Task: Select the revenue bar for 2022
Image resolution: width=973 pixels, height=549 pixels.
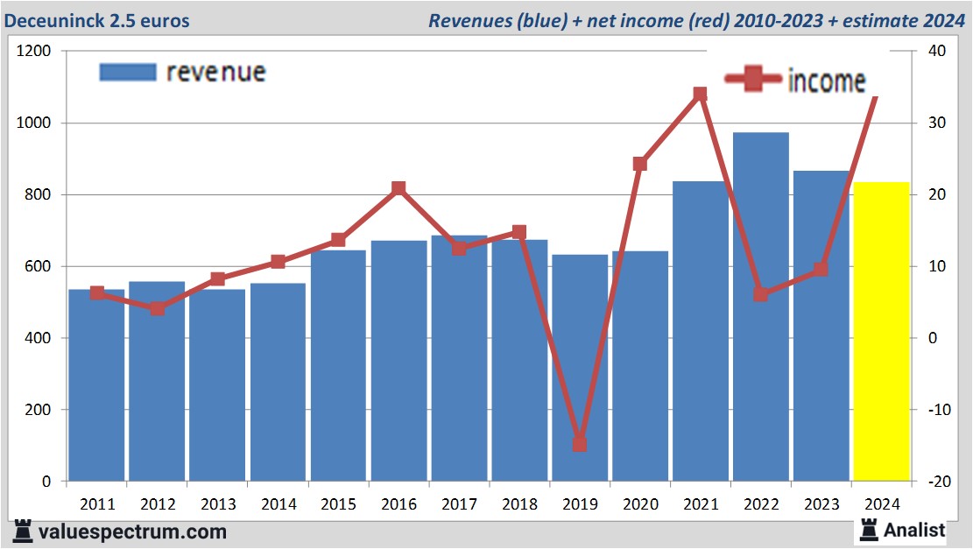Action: (760, 306)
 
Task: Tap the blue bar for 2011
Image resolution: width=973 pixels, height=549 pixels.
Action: (96, 385)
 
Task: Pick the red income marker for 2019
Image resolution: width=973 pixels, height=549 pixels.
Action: (579, 444)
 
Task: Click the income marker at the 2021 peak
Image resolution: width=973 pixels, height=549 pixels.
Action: (700, 94)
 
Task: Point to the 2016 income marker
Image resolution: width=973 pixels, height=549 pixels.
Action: (398, 188)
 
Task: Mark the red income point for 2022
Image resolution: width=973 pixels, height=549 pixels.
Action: (760, 294)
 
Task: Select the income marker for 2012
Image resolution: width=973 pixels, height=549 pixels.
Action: (157, 308)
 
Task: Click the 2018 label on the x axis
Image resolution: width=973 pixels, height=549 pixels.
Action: (518, 504)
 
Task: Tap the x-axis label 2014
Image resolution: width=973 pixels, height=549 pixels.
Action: (278, 504)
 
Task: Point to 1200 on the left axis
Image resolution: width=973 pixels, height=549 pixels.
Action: (35, 52)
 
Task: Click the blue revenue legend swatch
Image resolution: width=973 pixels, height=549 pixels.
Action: (127, 72)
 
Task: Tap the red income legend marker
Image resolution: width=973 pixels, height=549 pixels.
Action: (752, 80)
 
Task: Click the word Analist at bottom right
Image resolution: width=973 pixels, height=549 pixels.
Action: (914, 530)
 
